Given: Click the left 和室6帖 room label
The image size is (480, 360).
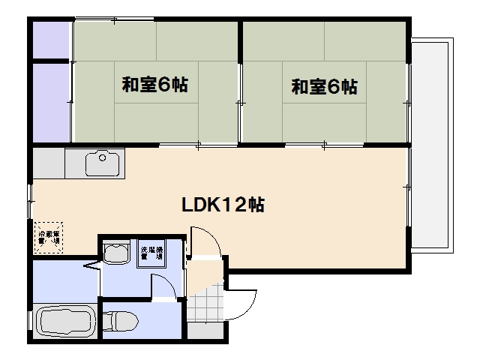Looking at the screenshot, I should tap(155, 85).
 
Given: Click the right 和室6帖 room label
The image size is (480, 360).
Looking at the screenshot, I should tap(324, 86).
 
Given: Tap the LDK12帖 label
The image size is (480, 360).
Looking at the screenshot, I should tap(222, 204).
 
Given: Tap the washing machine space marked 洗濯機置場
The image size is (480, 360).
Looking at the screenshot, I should tap(151, 253).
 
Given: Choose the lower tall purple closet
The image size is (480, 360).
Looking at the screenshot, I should tap(50, 102).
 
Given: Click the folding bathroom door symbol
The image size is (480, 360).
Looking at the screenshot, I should tap(91, 266).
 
